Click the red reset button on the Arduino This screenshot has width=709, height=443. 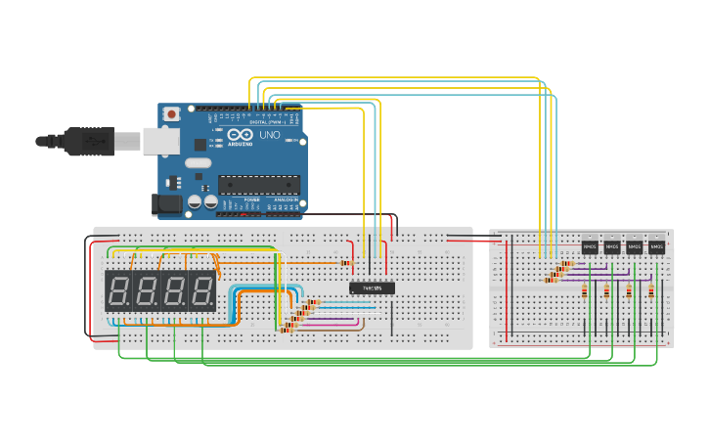[172, 114]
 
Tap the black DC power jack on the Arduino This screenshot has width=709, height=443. [167, 204]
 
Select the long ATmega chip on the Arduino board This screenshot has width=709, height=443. [258, 184]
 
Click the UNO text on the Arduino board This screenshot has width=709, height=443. [270, 135]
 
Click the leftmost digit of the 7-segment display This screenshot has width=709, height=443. [119, 290]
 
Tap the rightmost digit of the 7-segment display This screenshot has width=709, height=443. [202, 290]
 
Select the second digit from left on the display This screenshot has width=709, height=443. [147, 290]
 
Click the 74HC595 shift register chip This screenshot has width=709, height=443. [372, 288]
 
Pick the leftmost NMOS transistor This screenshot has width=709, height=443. [590, 247]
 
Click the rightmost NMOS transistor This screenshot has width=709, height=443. [656, 247]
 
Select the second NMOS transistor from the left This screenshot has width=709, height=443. [612, 247]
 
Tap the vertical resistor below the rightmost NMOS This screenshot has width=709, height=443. [651, 290]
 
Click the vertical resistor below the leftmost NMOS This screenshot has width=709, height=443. [585, 290]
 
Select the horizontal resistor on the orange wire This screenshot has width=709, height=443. [345, 262]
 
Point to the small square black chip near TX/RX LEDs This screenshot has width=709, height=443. [200, 144]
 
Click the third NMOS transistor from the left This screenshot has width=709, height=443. [635, 247]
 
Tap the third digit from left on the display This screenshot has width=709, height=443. [175, 290]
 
